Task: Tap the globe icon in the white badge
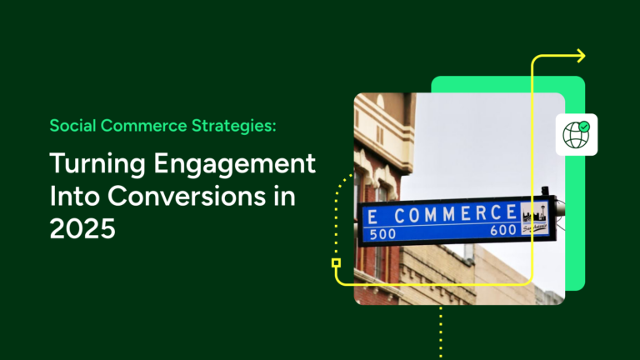(x=575, y=135)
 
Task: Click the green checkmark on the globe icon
(x=585, y=127)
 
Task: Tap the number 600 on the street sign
(x=502, y=230)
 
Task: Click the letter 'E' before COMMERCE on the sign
(x=372, y=217)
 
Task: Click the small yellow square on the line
(x=336, y=262)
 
